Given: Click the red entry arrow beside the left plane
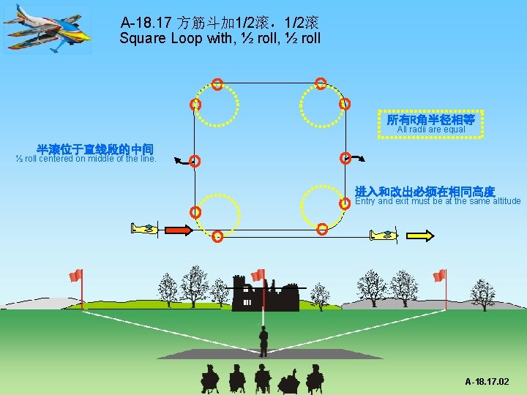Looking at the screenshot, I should (177, 230).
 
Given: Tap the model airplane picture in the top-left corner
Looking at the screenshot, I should (47, 29).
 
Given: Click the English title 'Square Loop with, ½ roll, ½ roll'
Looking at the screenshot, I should (220, 37).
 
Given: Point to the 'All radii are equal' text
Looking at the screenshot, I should (430, 129).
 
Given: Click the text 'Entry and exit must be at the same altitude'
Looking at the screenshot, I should (438, 201).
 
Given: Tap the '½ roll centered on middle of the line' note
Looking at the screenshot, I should (86, 158).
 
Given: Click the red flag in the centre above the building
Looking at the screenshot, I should (257, 275).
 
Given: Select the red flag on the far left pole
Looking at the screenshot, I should (75, 276).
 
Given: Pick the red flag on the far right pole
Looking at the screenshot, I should (438, 276).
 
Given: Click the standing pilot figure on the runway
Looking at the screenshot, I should (263, 341).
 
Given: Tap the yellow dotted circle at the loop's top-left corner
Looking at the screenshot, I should (217, 108).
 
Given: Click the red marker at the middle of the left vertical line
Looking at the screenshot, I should (195, 161).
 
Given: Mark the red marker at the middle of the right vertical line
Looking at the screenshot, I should (345, 158).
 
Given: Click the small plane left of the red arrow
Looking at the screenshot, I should (145, 229).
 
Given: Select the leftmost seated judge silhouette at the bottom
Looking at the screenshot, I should (210, 378).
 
